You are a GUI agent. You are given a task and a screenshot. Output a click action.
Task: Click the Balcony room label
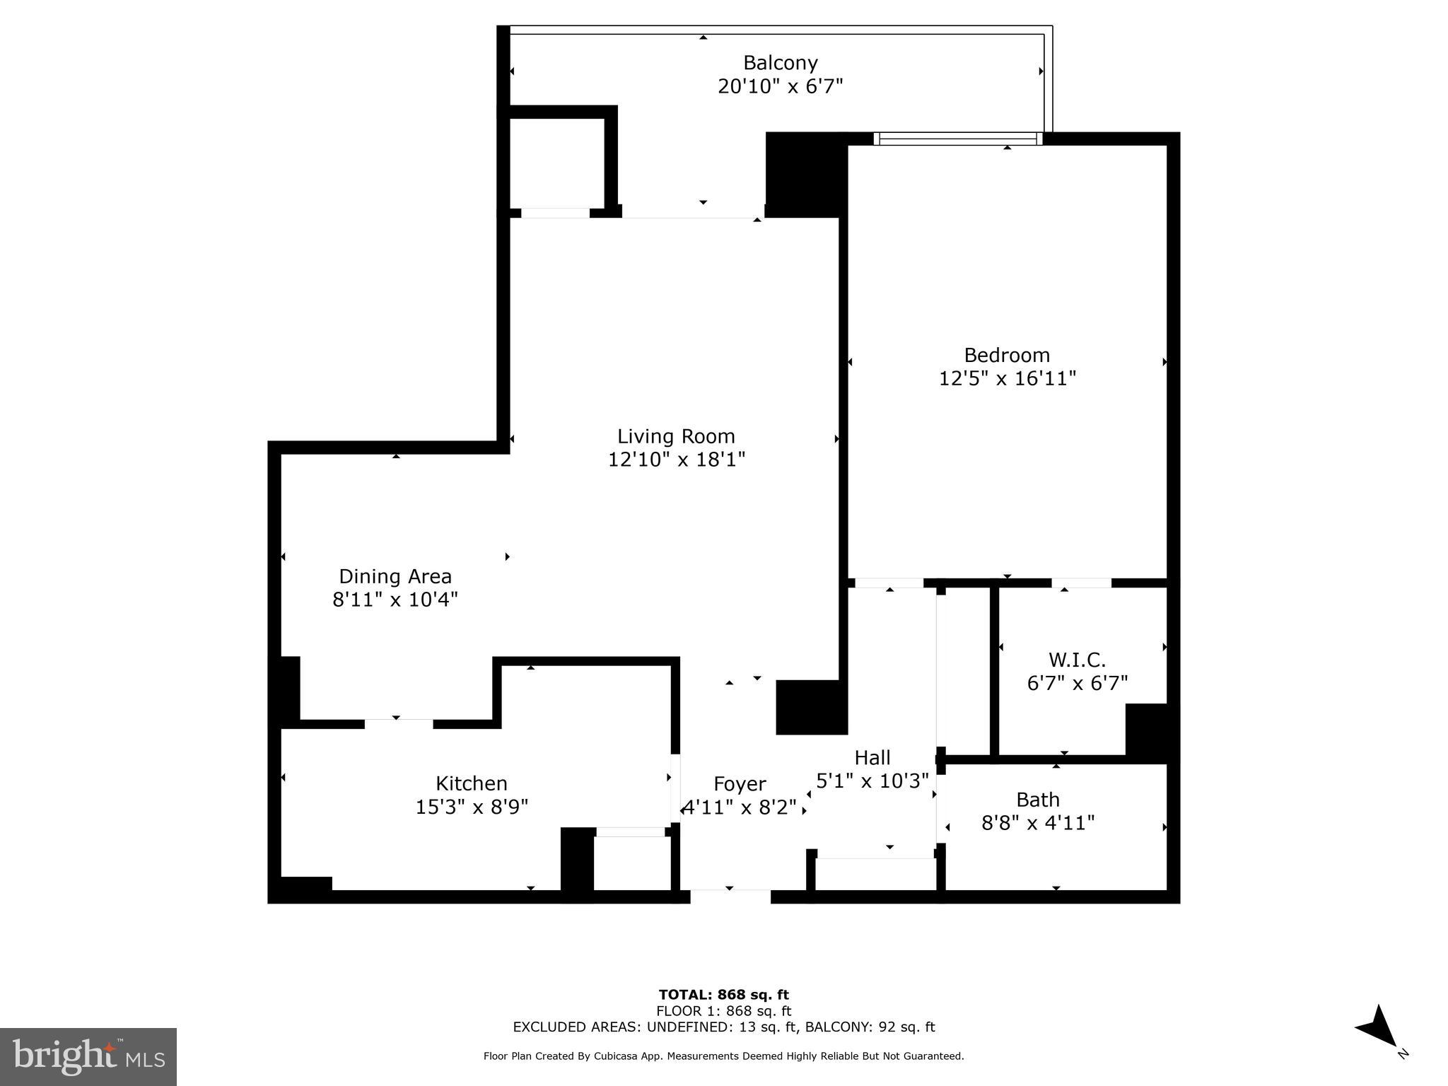pyautogui.click(x=780, y=63)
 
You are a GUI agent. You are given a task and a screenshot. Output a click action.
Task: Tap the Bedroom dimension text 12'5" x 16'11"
pyautogui.click(x=1007, y=379)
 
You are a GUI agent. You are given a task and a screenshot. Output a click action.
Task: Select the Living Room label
pyautogui.click(x=676, y=436)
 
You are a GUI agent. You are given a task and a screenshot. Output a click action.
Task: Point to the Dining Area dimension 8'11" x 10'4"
pyautogui.click(x=395, y=600)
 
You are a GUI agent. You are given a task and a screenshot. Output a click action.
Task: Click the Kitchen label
pyautogui.click(x=471, y=783)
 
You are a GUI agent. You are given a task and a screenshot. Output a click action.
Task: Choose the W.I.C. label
pyautogui.click(x=1077, y=660)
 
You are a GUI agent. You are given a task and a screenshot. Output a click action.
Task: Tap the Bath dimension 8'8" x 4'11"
pyautogui.click(x=1037, y=823)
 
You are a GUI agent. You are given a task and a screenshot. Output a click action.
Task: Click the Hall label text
pyautogui.click(x=872, y=758)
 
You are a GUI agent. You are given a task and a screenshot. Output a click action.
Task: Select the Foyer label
pyautogui.click(x=740, y=784)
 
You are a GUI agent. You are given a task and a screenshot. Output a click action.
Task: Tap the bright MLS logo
pyautogui.click(x=88, y=1056)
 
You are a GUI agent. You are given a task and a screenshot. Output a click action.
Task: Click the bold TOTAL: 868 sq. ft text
pyautogui.click(x=723, y=995)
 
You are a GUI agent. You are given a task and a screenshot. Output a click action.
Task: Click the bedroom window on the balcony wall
pyautogui.click(x=958, y=139)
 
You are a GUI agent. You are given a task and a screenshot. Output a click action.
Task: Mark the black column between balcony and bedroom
pyautogui.click(x=805, y=174)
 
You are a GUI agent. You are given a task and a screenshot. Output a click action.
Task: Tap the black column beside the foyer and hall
pyautogui.click(x=811, y=707)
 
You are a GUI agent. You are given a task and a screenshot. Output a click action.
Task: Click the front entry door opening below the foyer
pyautogui.click(x=730, y=897)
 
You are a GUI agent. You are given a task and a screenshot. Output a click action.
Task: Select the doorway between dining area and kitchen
pyautogui.click(x=398, y=723)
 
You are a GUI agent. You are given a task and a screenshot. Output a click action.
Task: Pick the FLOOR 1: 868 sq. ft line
pyautogui.click(x=723, y=1011)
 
